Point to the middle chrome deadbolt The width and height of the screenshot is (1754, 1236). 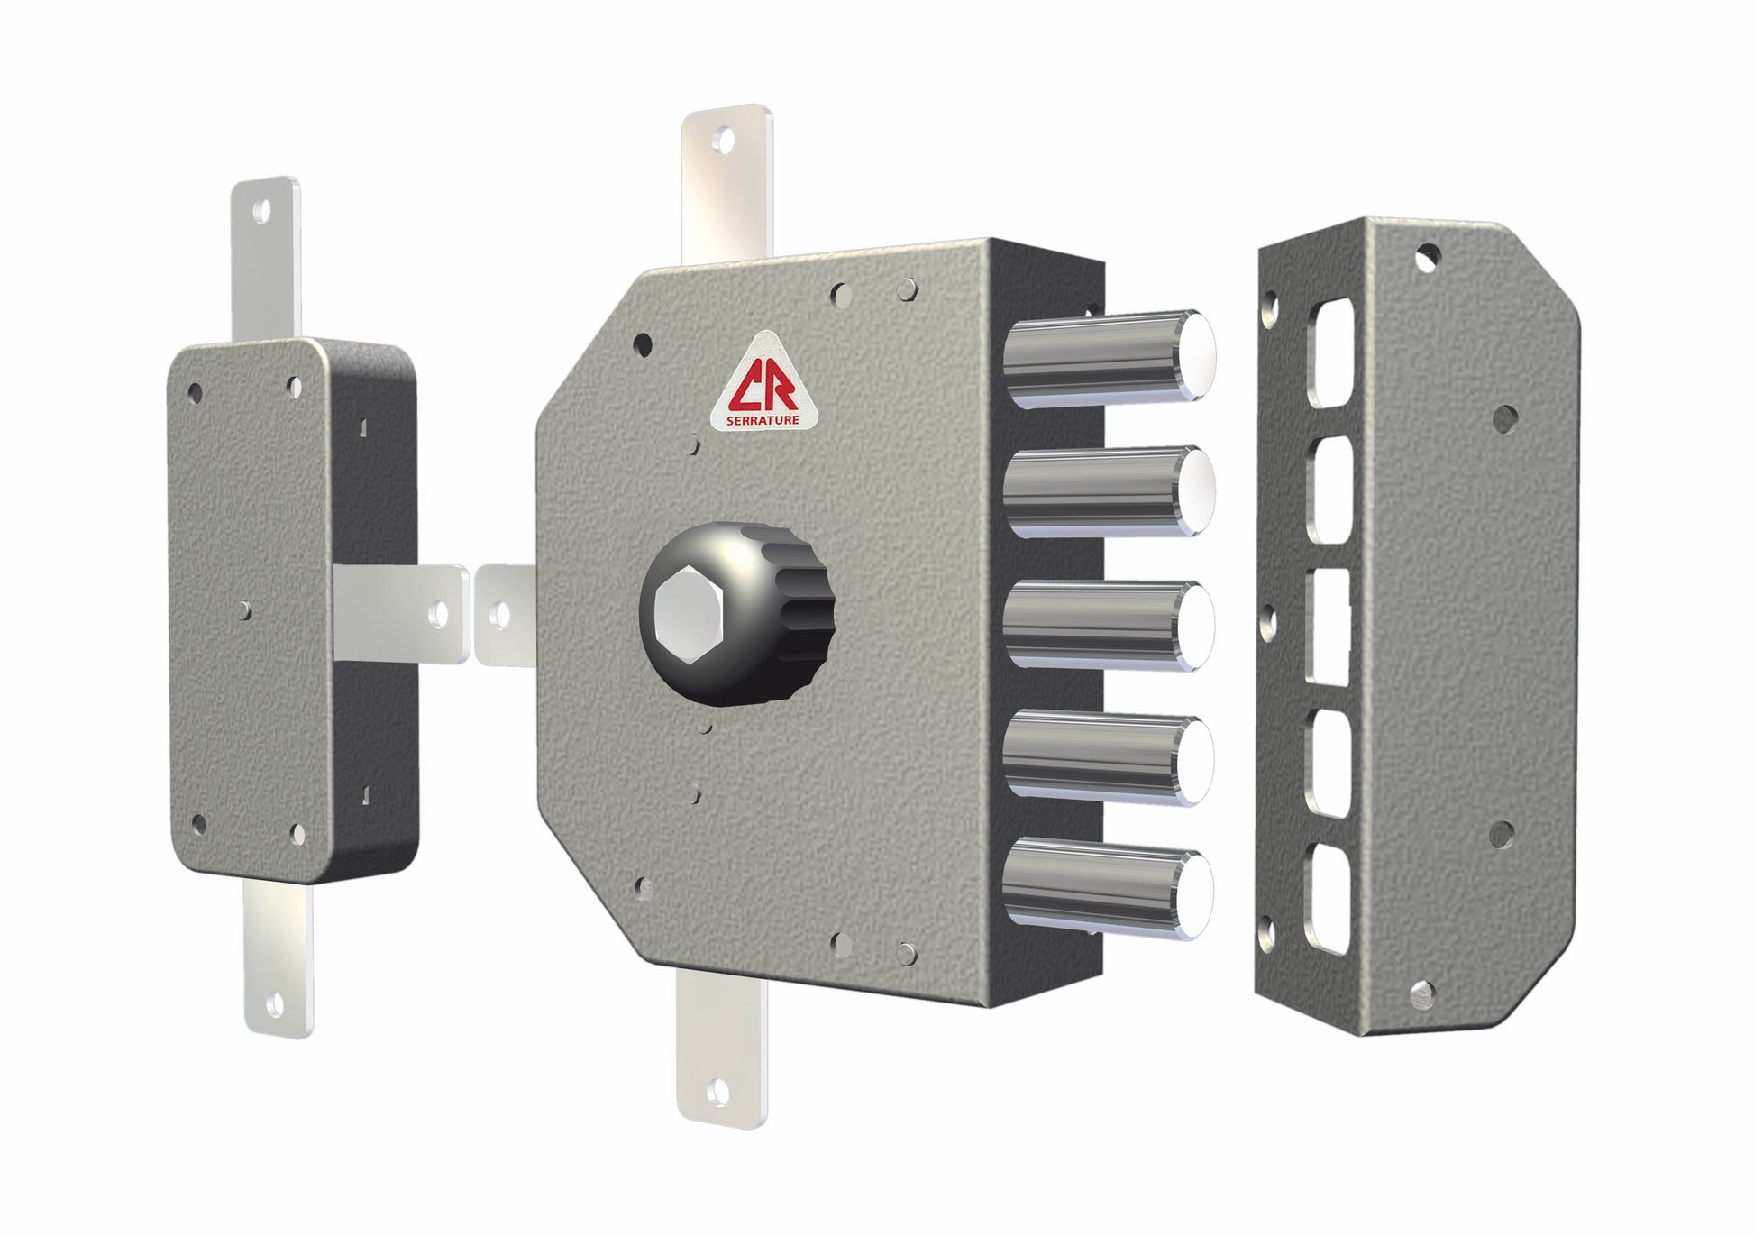tap(1110, 627)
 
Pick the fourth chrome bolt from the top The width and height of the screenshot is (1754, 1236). tap(1110, 757)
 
